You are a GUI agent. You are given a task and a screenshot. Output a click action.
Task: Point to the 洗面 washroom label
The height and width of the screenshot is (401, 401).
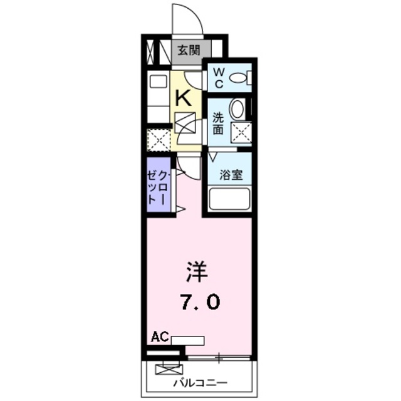218,123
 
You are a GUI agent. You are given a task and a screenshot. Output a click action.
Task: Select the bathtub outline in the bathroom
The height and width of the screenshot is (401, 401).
229,200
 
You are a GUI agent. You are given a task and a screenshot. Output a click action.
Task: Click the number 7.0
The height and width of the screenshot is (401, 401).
200,303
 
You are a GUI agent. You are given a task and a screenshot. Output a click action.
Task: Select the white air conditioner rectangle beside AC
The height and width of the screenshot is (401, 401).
187,341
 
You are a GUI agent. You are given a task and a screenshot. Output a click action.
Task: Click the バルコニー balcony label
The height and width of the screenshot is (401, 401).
200,382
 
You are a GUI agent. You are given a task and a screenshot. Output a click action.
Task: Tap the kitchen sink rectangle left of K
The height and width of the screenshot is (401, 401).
158,81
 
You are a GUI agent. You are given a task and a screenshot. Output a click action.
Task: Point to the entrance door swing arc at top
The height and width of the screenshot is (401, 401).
188,16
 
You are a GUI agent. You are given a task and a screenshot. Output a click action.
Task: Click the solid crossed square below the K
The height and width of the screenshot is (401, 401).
185,123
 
